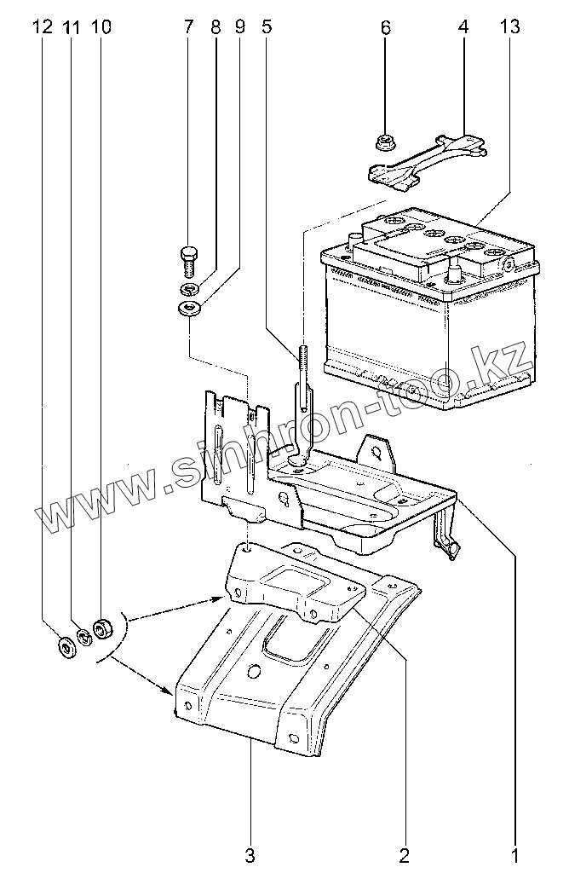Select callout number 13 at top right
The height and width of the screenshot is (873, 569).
point(509,27)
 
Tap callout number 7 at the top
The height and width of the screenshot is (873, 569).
point(188,27)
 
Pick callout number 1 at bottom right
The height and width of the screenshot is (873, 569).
point(515,853)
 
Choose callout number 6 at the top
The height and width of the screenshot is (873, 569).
point(385,27)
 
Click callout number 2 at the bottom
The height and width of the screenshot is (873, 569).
point(404,853)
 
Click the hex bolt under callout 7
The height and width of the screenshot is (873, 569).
point(189,255)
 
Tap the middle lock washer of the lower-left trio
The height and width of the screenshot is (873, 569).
point(84,637)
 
